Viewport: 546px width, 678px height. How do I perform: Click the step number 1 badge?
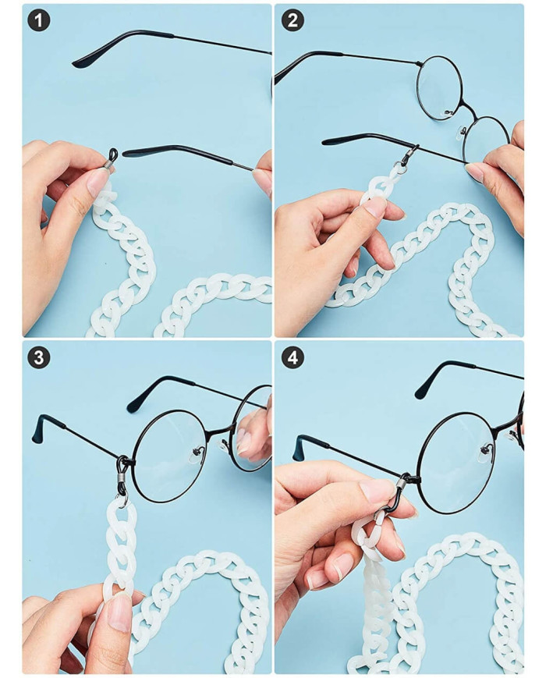(x=38, y=21)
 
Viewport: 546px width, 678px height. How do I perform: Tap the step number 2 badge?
(x=292, y=21)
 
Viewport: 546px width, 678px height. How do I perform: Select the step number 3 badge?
(x=38, y=358)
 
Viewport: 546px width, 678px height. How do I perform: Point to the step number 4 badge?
(x=292, y=358)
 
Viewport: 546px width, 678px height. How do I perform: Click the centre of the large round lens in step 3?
(x=168, y=456)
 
